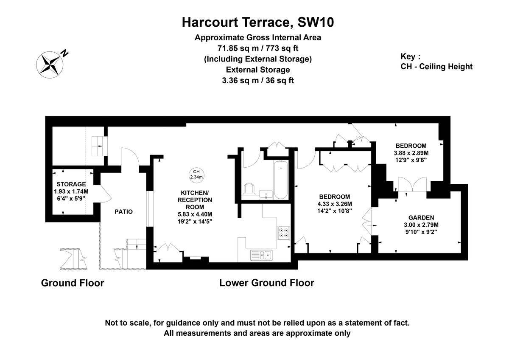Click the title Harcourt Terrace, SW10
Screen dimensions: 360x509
257,22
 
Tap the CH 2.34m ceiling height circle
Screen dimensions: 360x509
196,174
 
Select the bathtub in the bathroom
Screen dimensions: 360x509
280,180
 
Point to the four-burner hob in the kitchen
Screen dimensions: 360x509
283,233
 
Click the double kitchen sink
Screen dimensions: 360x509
262,255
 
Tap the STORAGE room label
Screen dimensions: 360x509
71,184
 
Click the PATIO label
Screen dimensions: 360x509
123,211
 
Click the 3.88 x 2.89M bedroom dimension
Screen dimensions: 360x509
411,153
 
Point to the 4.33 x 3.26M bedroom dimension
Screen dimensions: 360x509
335,204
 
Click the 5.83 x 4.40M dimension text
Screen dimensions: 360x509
194,214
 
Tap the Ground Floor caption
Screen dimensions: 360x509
73,283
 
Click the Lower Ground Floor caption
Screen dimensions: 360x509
266,283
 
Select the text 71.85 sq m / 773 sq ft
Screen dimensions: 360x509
257,48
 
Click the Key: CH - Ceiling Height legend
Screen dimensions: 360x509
436,62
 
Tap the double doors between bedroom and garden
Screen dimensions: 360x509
408,186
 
